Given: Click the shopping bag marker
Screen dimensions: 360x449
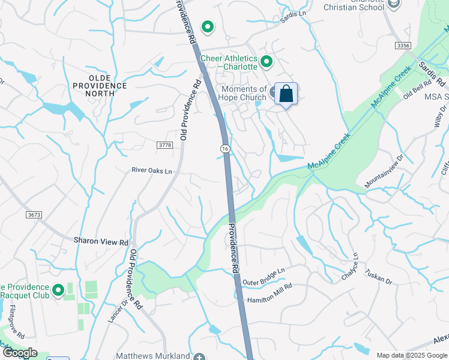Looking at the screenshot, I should click(x=286, y=94).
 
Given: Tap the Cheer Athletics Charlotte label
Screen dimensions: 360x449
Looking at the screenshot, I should click(x=228, y=62).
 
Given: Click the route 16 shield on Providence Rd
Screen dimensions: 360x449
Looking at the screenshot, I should click(x=224, y=148).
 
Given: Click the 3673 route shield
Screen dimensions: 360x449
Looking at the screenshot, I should click(x=34, y=214).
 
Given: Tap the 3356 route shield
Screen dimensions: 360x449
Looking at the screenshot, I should click(x=403, y=46).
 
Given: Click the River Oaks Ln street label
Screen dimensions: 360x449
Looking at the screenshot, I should click(x=152, y=171).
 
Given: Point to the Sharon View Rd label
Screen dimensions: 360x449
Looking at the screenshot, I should click(x=101, y=242).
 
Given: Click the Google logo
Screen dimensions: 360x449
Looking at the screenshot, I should click(x=19, y=353).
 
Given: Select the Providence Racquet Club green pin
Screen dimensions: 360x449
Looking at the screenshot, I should click(x=58, y=291).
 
